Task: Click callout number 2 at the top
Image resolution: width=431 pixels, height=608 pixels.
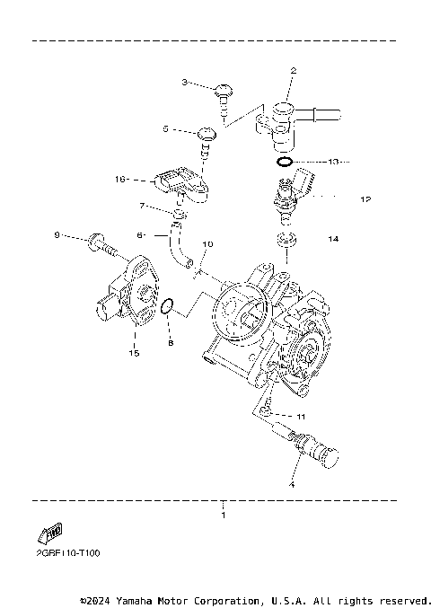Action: [x=293, y=70]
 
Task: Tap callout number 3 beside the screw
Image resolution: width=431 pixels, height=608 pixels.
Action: [x=185, y=83]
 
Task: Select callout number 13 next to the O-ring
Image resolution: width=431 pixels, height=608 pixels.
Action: [x=332, y=163]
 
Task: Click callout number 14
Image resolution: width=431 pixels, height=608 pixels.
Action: [x=333, y=239]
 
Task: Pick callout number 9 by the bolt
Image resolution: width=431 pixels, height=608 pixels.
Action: [x=57, y=235]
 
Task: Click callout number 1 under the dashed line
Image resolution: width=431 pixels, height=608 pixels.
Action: [x=224, y=516]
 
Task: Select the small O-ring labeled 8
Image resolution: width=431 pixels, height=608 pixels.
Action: [x=166, y=310]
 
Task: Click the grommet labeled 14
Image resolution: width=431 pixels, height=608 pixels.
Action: [x=286, y=240]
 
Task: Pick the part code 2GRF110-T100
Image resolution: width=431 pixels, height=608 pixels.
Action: [x=64, y=553]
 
